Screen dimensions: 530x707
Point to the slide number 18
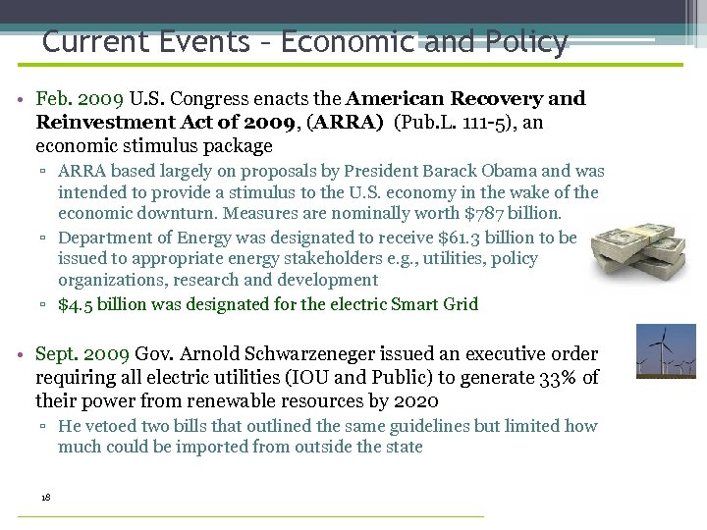point(46,497)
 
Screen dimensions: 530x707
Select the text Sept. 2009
point(82,354)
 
